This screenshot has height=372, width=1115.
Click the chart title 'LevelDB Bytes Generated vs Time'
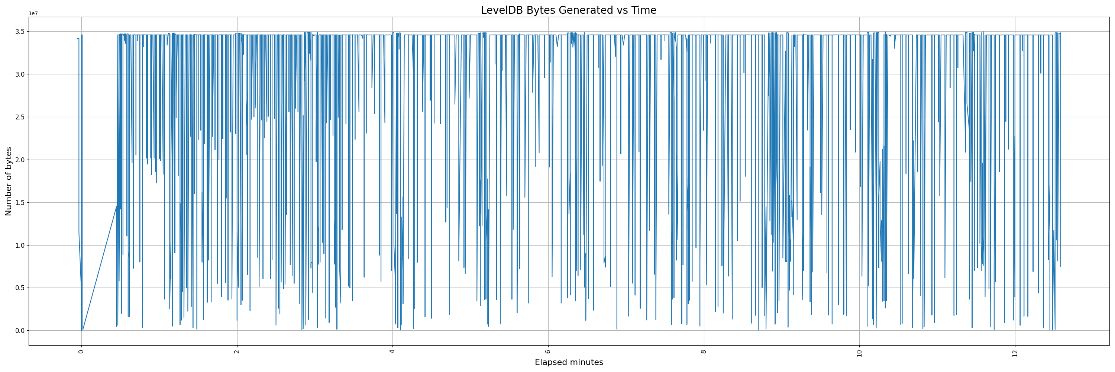pos(568,10)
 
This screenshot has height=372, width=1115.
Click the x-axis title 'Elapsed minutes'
pos(569,362)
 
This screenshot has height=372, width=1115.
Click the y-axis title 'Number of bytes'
pos(9,181)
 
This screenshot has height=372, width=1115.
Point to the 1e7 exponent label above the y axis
pos(33,14)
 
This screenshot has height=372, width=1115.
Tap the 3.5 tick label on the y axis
pos(19,32)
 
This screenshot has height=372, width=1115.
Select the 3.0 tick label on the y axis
pos(19,74)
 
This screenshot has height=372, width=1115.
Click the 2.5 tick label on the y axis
pos(19,117)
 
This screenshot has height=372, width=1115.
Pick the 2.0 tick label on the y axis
pos(19,160)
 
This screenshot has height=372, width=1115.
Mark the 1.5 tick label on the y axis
pos(19,203)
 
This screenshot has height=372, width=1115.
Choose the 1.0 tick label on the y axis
pos(19,246)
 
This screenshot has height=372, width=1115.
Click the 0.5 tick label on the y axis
pos(19,288)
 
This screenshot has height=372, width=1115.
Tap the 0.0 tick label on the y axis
pos(19,331)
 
